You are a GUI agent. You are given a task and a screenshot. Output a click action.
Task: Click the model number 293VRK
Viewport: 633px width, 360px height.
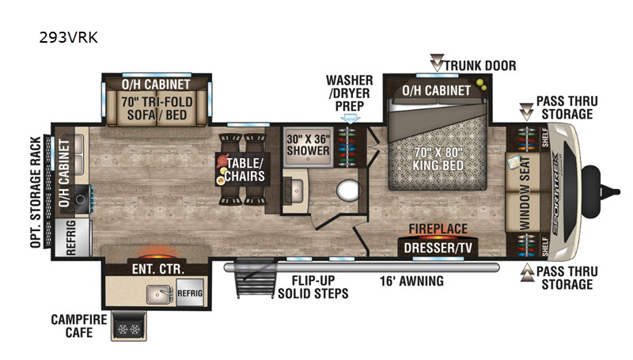pyautogui.click(x=68, y=37)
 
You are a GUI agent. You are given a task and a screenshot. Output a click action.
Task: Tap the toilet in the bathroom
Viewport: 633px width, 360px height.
pyautogui.click(x=348, y=190)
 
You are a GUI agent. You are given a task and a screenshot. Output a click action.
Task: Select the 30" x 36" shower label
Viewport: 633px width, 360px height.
pyautogui.click(x=308, y=145)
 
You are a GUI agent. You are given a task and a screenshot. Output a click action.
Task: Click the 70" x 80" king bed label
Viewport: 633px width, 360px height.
pyautogui.click(x=438, y=159)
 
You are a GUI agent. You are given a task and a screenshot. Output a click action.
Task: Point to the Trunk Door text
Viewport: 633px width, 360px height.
pyautogui.click(x=480, y=66)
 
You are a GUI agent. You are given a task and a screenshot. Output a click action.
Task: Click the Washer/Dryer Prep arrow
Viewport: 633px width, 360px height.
pyautogui.click(x=350, y=118)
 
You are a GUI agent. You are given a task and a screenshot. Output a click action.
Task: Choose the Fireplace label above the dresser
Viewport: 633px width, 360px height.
pyautogui.click(x=438, y=229)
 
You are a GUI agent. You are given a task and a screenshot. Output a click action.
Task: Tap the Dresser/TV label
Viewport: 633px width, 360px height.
pyautogui.click(x=438, y=248)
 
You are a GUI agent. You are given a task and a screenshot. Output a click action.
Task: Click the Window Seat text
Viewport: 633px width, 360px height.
pyautogui.click(x=525, y=193)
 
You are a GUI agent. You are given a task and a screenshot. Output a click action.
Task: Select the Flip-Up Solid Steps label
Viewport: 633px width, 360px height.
pyautogui.click(x=313, y=287)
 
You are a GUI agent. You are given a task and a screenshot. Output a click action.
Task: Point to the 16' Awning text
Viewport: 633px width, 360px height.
pyautogui.click(x=411, y=281)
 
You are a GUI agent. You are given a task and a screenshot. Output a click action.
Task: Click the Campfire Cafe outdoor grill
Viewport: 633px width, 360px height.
pyautogui.click(x=129, y=326)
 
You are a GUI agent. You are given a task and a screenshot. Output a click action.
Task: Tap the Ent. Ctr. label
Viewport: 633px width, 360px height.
pyautogui.click(x=157, y=269)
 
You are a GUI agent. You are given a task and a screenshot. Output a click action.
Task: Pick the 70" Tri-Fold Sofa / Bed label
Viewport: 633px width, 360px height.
pyautogui.click(x=157, y=108)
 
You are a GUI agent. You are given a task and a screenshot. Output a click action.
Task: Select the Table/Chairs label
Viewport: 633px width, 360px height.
pyautogui.click(x=244, y=169)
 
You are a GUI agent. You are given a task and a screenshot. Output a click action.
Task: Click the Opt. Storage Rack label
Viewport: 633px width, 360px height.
pyautogui.click(x=36, y=192)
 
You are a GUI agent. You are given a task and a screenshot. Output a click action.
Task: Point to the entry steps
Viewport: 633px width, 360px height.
pyautogui.click(x=256, y=279)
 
